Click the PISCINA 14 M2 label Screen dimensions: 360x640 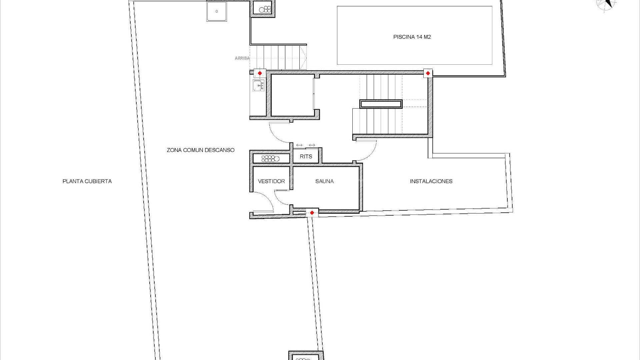point(412,37)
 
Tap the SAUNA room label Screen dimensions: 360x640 point(324,181)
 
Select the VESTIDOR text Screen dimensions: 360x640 point(271,181)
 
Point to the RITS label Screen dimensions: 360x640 point(306,156)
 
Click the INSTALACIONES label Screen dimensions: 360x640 point(431,181)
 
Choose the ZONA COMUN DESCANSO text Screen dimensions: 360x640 point(201,150)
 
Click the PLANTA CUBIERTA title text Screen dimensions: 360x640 point(87,181)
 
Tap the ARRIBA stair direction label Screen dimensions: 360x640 point(242,58)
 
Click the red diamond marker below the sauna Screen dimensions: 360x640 point(312,213)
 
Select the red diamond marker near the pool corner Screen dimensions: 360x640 point(428,73)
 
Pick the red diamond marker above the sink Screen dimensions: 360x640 point(260,73)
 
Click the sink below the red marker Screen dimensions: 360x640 point(258,86)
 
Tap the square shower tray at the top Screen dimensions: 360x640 point(217,11)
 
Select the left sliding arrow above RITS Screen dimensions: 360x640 point(299,145)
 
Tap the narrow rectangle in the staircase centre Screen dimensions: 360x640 point(381,104)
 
